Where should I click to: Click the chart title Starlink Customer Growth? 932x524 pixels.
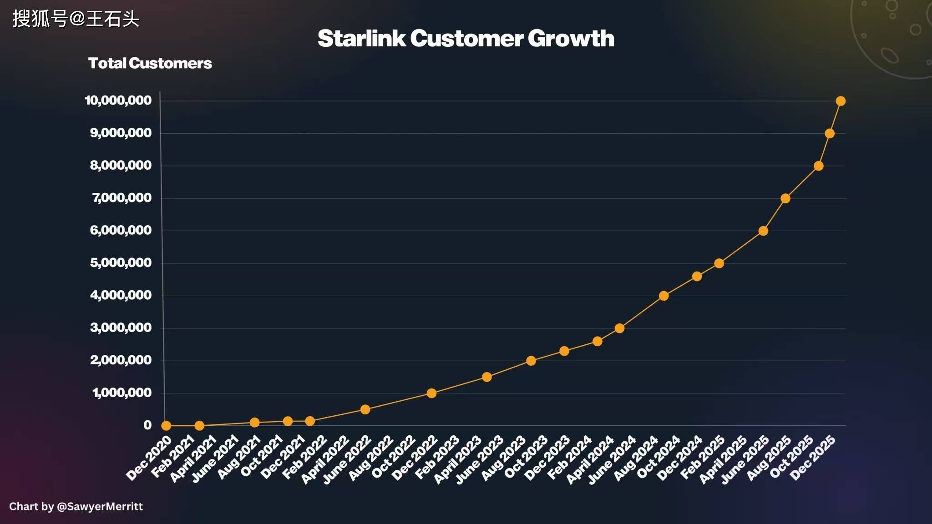point(466,38)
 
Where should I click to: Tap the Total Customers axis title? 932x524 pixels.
point(150,63)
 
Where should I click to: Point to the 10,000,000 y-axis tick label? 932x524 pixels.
point(118,101)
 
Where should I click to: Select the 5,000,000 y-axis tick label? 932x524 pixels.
point(121,263)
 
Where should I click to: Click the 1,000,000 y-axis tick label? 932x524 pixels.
point(122,393)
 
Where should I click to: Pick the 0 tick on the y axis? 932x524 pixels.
point(147,425)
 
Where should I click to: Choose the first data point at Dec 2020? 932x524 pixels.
point(166,426)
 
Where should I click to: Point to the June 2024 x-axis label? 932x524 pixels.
point(612,459)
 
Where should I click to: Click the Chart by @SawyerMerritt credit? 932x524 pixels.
point(76,506)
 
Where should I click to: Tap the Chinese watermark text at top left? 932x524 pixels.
point(76,19)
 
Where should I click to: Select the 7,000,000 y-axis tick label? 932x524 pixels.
point(122,198)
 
